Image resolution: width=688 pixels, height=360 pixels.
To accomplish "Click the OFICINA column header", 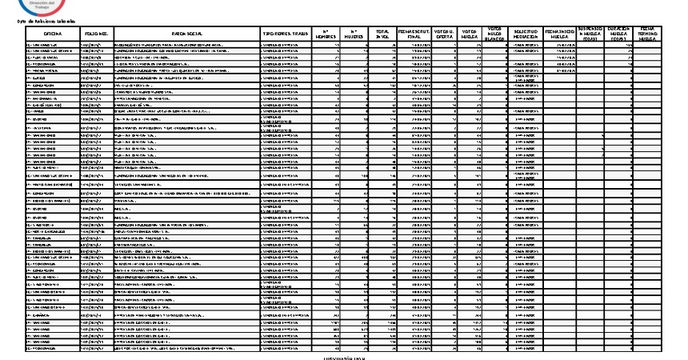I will (x=53, y=33).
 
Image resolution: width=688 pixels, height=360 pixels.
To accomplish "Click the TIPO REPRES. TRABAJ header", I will (x=286, y=33).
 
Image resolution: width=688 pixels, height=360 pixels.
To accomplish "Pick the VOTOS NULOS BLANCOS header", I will (x=495, y=33).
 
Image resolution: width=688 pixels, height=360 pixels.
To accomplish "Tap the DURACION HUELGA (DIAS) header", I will (x=620, y=33).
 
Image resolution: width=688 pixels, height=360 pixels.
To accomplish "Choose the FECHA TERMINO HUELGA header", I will (x=649, y=33).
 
